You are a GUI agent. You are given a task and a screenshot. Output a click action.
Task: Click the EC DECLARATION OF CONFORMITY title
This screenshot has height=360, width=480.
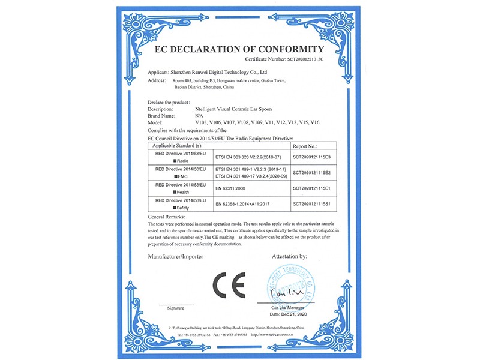pos(239,49)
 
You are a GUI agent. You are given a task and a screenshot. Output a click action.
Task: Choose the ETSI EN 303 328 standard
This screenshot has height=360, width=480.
pos(248,157)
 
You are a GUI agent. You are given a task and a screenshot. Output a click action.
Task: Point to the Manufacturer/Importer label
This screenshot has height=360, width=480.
pos(176,256)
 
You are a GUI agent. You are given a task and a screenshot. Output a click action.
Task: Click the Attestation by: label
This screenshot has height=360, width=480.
pos(289,256)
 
